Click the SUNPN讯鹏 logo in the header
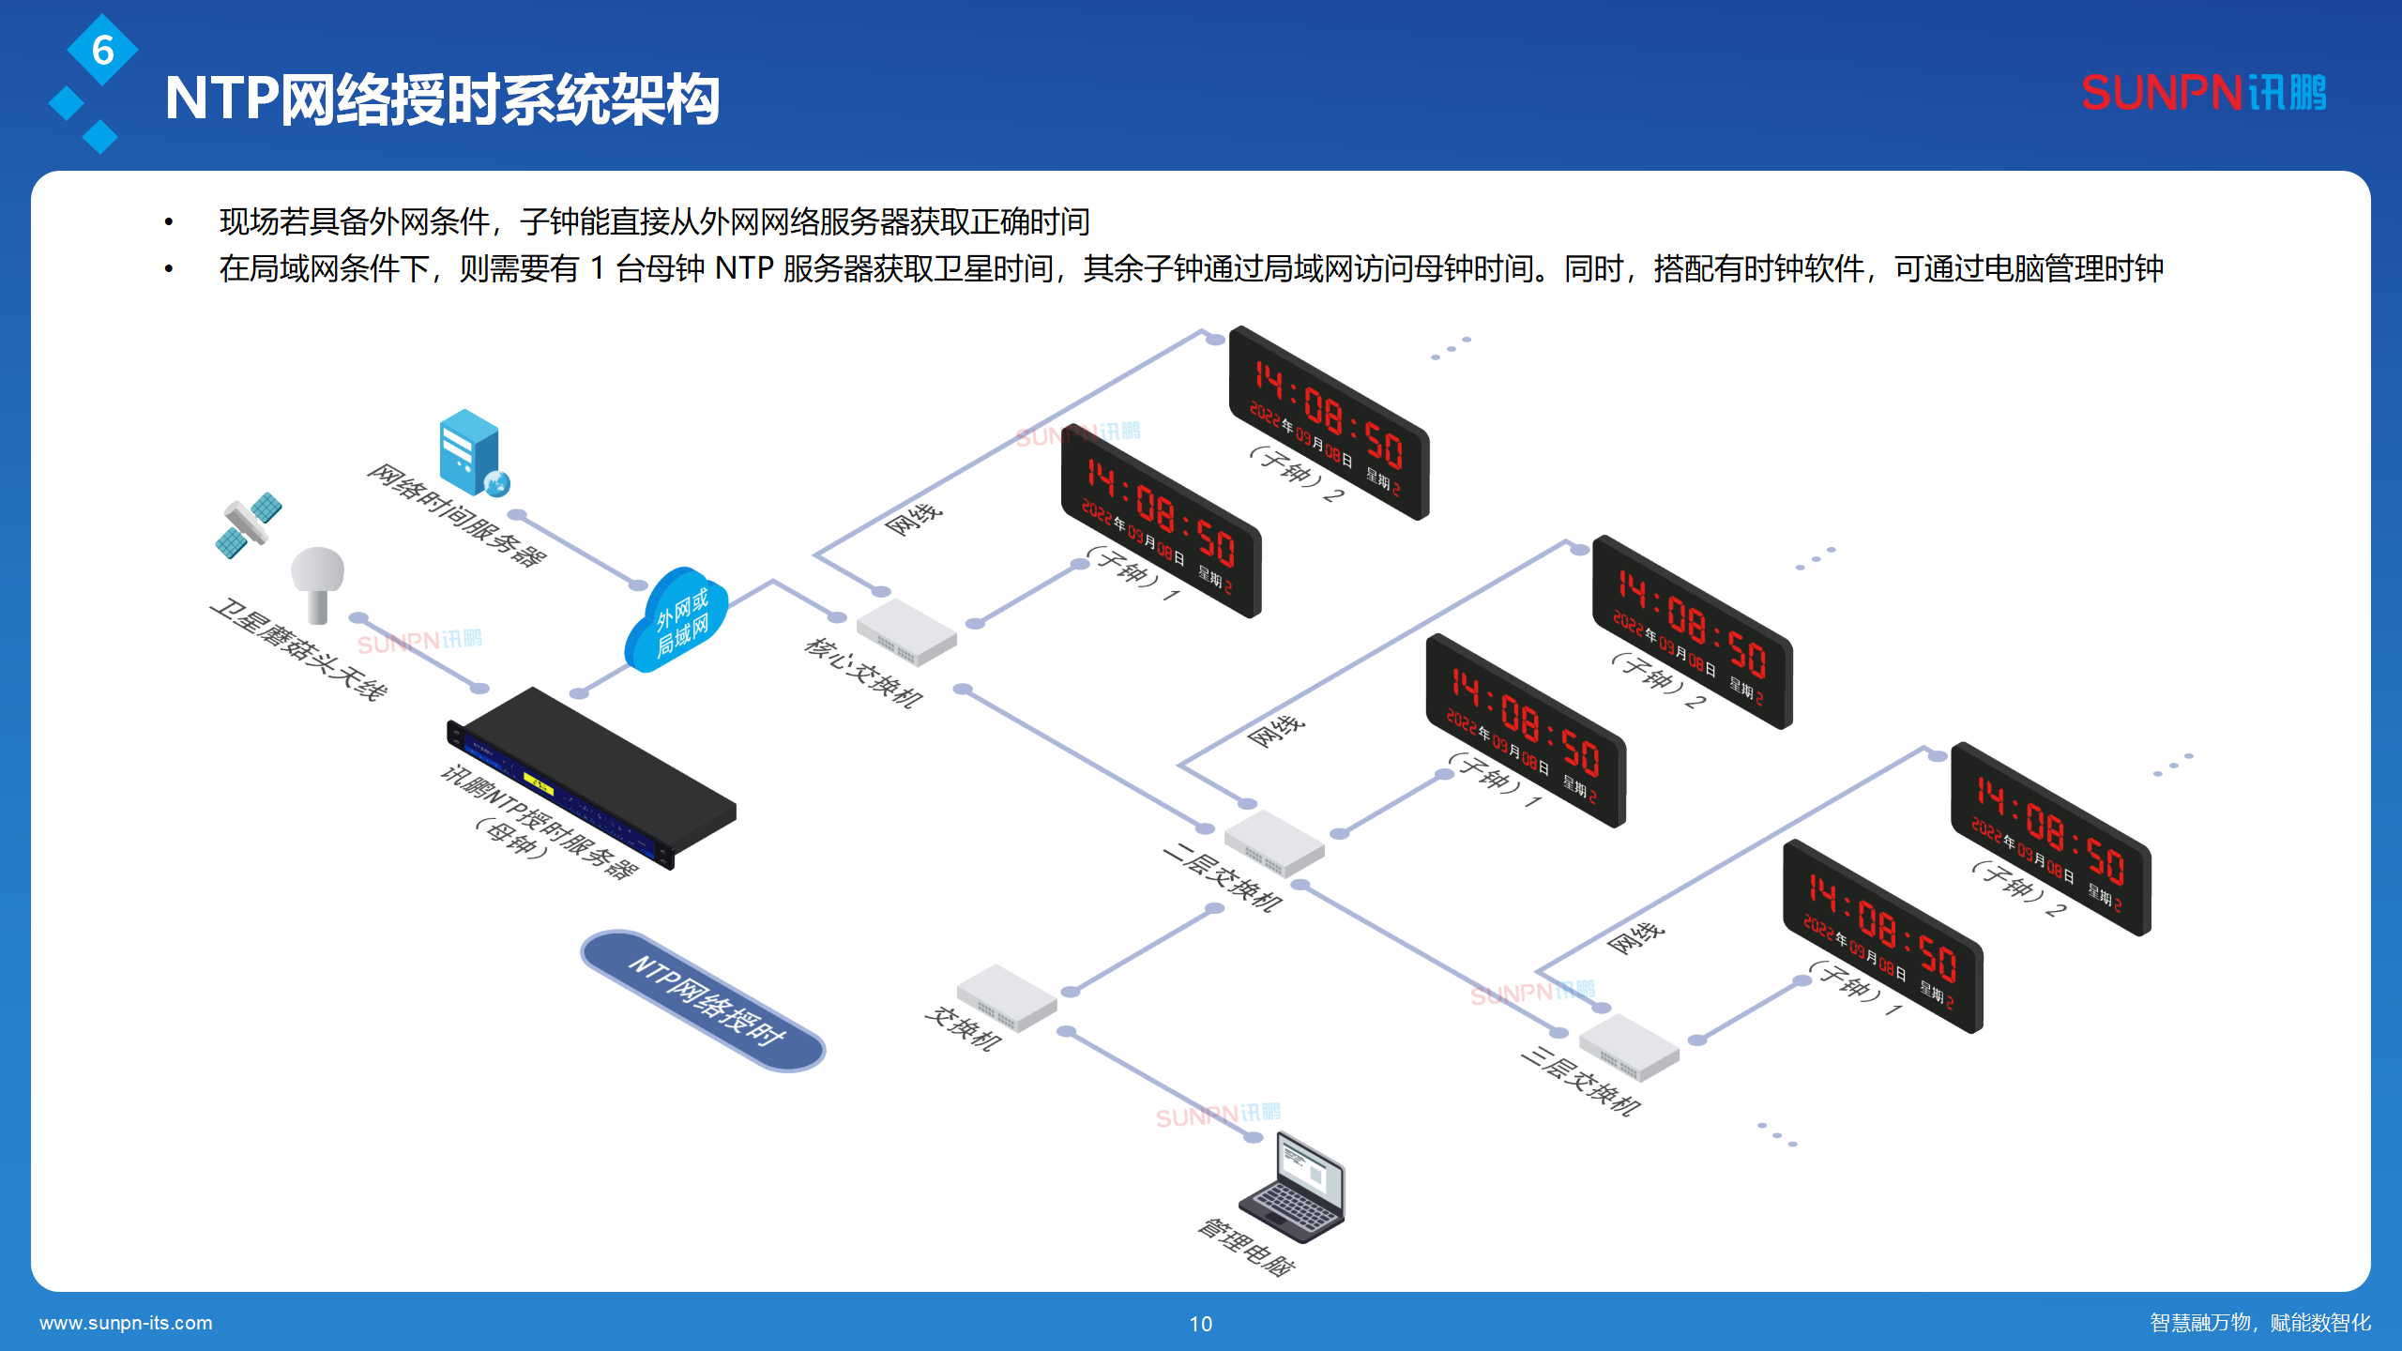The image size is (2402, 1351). point(2203,93)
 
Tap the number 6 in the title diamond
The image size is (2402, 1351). point(103,50)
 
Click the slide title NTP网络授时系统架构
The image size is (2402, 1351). point(442,99)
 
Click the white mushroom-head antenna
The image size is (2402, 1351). point(317,582)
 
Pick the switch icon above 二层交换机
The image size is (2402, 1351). point(1273,842)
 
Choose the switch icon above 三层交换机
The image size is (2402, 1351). point(1629,1047)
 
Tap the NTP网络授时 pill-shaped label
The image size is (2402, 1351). point(704,1000)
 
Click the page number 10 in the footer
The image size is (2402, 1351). point(1201,1324)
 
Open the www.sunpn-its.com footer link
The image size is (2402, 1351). point(126,1323)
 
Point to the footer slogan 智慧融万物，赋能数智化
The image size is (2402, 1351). point(2260,1323)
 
